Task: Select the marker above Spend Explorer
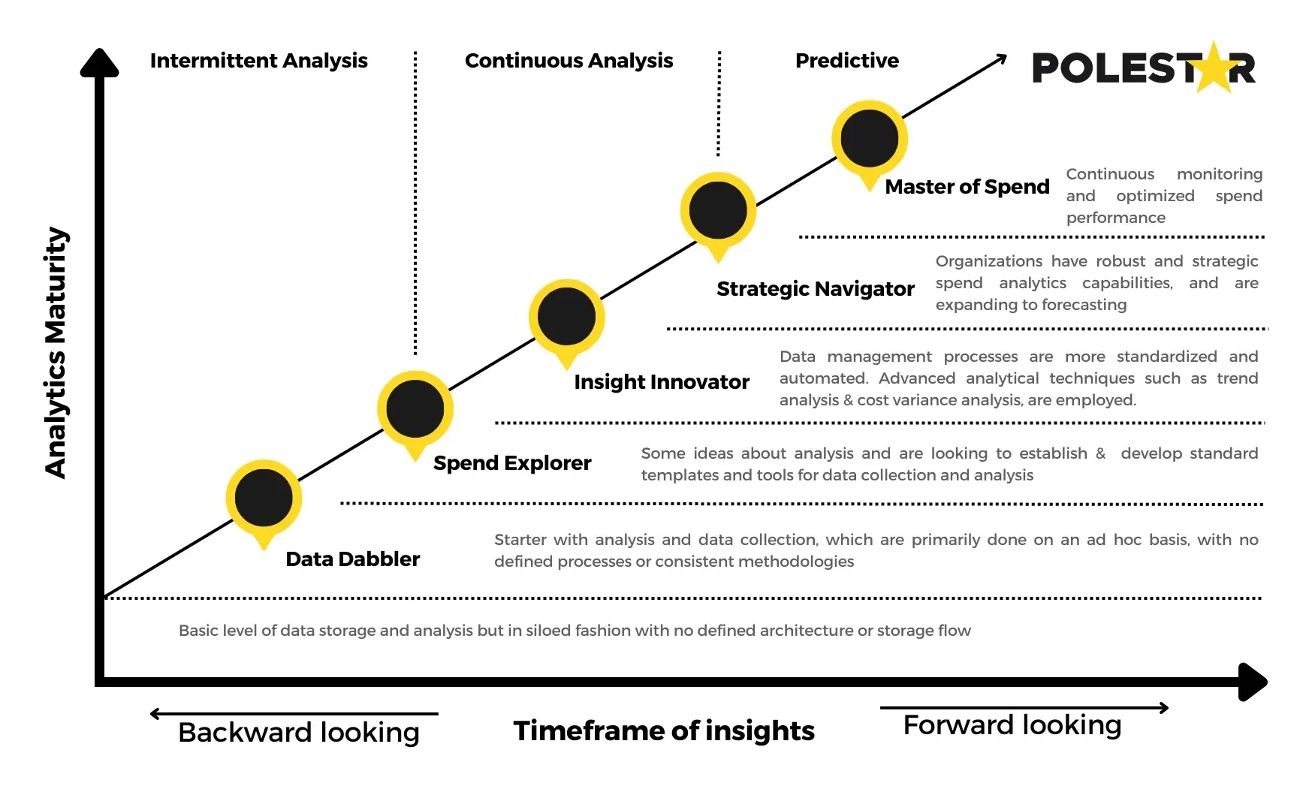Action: coord(415,409)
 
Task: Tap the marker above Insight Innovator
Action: coord(566,318)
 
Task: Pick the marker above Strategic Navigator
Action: coord(718,211)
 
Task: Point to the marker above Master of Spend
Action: coord(869,139)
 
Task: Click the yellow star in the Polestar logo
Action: coord(1214,68)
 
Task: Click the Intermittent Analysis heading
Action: coord(258,61)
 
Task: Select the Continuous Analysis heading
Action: coord(569,61)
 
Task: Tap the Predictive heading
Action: coord(846,61)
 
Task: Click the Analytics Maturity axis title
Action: coord(56,353)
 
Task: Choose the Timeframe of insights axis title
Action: coord(664,730)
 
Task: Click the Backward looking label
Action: coord(298,732)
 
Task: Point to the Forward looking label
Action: coord(1012,725)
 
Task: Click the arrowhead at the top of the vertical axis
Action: coord(99,63)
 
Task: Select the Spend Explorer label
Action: coord(512,463)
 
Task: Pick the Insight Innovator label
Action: coord(661,382)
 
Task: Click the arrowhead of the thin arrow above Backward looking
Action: coord(155,714)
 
